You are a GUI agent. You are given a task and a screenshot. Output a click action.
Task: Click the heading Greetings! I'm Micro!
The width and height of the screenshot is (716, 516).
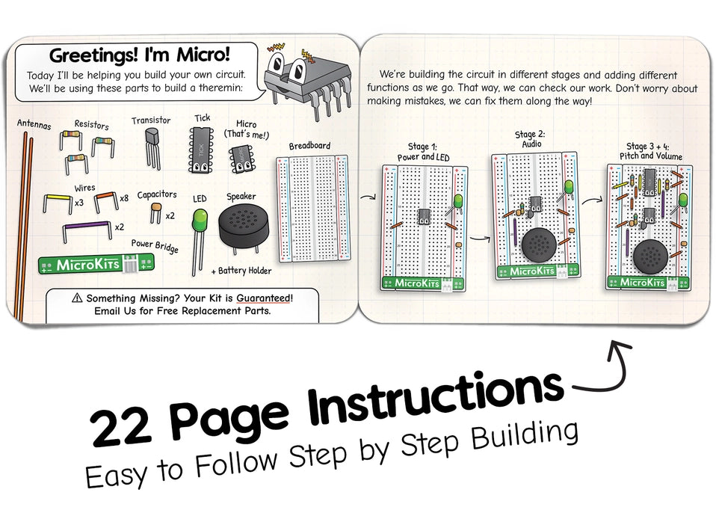(140, 55)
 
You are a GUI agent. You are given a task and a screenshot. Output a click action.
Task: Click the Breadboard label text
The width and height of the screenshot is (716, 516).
(309, 146)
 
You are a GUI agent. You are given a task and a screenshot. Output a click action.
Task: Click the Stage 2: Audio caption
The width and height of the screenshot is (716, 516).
(528, 139)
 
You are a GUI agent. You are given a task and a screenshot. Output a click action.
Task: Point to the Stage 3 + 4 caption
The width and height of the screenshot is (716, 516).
(649, 150)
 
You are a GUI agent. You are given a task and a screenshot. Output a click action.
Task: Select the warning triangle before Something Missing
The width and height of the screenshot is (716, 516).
(77, 298)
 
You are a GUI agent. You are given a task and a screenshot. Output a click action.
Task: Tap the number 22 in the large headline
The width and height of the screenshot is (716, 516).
(119, 429)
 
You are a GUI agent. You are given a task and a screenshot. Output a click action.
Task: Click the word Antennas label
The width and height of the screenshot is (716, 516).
(34, 126)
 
